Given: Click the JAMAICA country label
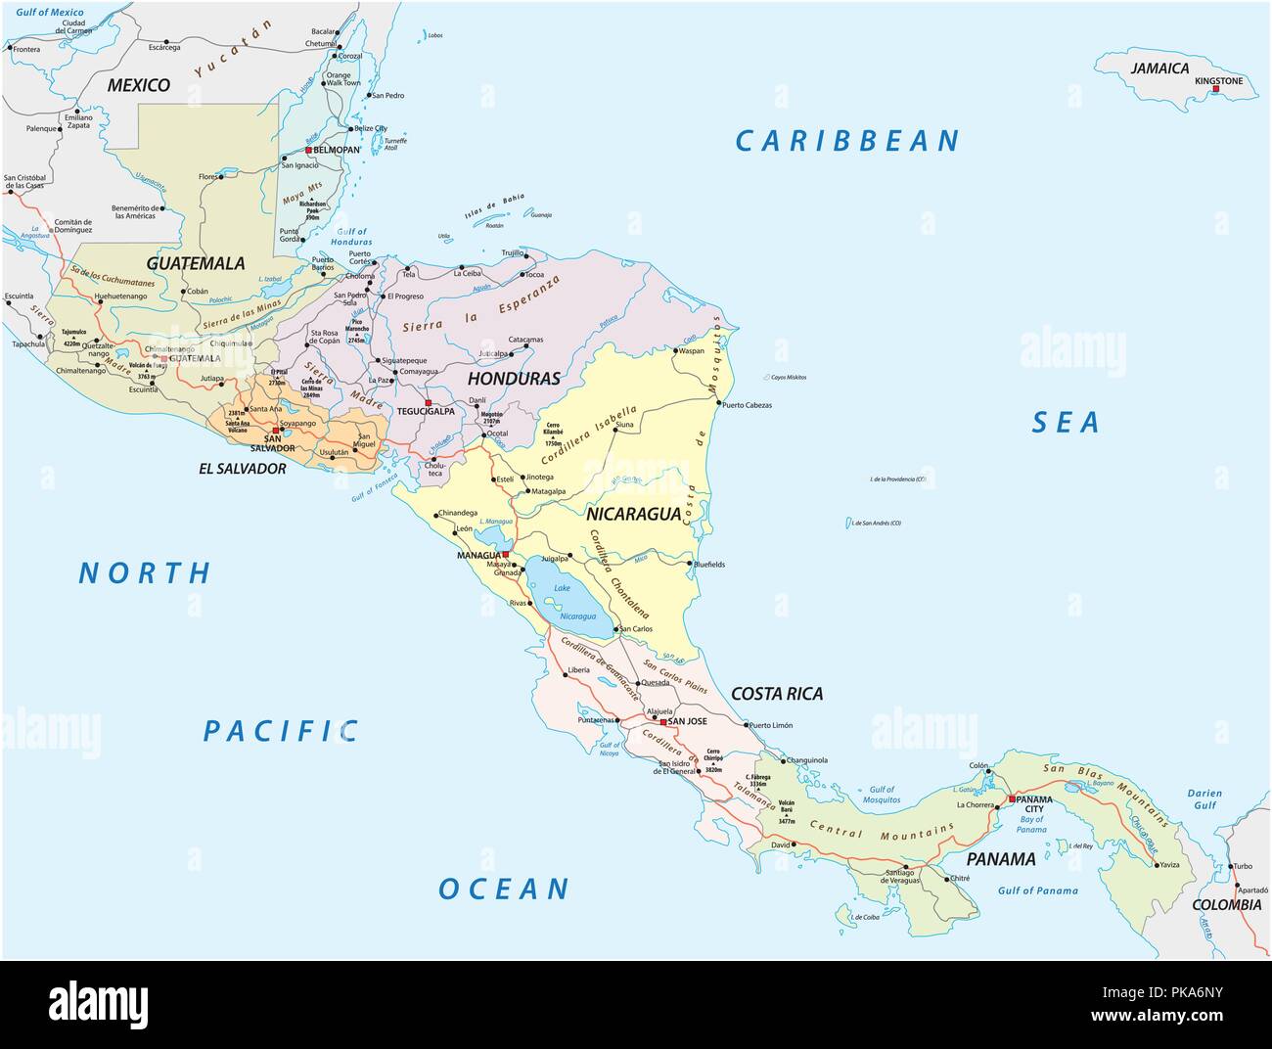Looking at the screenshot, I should click(x=1159, y=68).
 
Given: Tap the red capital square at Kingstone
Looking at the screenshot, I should click(x=1215, y=90).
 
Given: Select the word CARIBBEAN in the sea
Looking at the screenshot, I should click(x=847, y=142).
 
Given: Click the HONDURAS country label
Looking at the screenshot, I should click(x=514, y=378).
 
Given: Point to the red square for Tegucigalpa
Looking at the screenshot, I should click(x=428, y=402).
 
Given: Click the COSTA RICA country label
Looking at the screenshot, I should click(x=777, y=694).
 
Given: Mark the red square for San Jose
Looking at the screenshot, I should click(x=662, y=722).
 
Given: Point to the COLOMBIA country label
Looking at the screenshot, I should click(x=1226, y=905).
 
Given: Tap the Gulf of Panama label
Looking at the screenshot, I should click(x=1037, y=890).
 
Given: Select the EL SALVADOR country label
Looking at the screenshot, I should click(x=243, y=469).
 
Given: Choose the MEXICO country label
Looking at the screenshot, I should click(x=138, y=85).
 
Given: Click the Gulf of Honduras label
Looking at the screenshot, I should click(x=352, y=236).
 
